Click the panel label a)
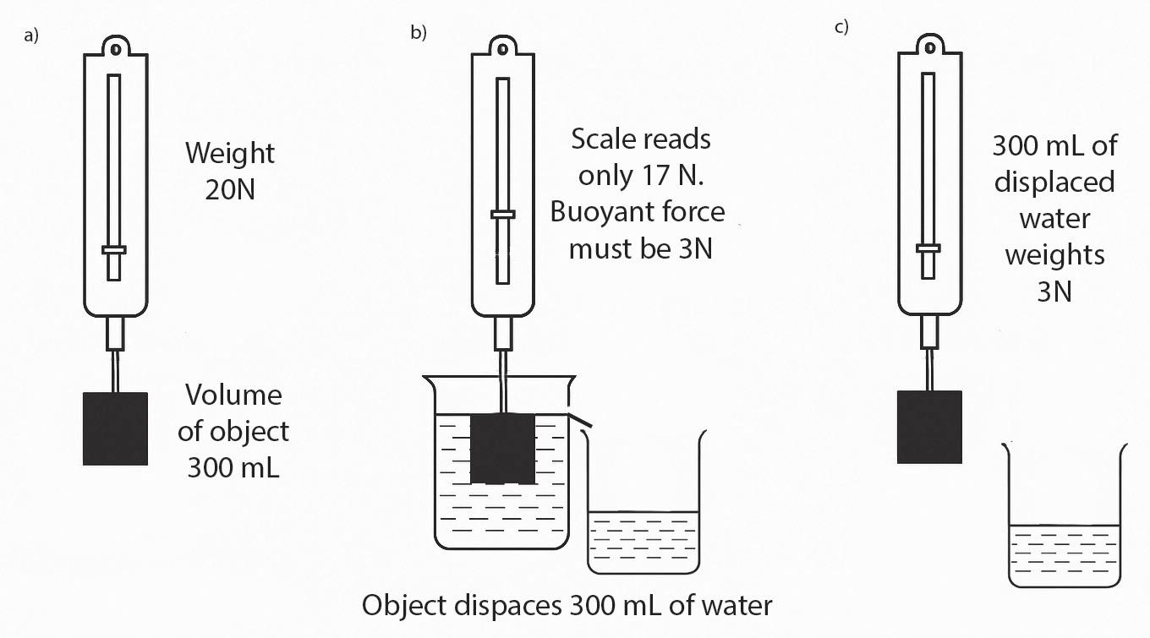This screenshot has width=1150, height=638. point(31,36)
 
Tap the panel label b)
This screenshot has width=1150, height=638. point(419,33)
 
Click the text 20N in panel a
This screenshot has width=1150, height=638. point(230,188)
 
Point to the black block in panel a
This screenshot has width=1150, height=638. point(116,428)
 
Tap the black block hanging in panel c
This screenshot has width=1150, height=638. point(929,427)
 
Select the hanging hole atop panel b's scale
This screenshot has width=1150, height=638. point(503,47)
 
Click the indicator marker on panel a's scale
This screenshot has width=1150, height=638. point(114,249)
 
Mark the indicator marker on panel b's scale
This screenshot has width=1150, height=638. point(503,215)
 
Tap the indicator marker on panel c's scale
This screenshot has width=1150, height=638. point(928,248)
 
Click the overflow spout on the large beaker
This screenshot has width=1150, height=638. point(582,420)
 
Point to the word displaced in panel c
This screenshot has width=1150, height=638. point(1054,182)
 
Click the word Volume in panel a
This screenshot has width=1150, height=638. point(233,395)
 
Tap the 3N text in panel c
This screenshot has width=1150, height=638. point(1054,291)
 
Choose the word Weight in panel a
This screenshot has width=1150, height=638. point(230,154)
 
